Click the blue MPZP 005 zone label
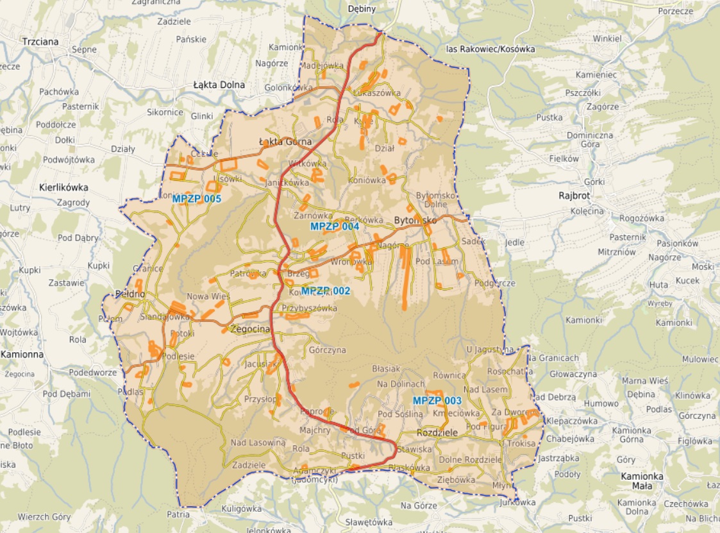point(197,199)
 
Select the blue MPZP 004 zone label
point(335,226)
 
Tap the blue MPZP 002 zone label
point(326,291)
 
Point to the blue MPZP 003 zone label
point(437,401)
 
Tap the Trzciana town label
point(40,42)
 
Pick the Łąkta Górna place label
point(285,142)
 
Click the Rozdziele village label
point(437,433)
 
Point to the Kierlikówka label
point(63,188)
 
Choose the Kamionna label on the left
point(22,354)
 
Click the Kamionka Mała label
point(642,482)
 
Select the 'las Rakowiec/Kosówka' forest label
point(490,49)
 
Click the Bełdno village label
point(128,294)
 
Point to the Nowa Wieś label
point(208,296)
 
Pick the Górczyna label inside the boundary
point(328,350)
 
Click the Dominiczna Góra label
point(590,140)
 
